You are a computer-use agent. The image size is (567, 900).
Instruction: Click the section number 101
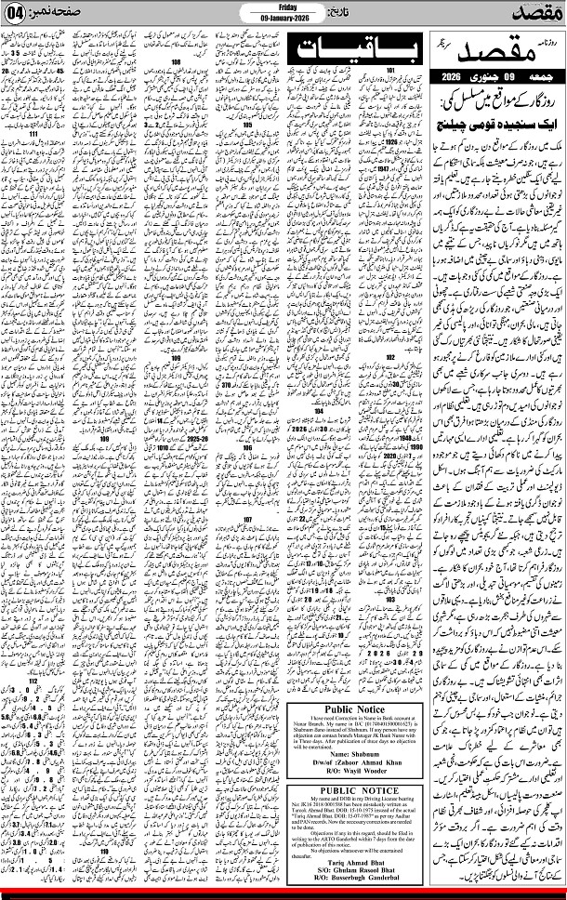click(391, 70)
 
